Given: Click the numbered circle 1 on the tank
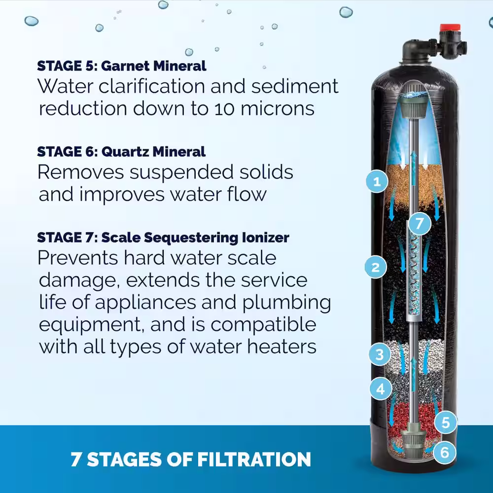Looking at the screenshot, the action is point(377,181).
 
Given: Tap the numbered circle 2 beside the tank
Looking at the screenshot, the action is point(376,267).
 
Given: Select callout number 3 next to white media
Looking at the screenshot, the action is point(380,354).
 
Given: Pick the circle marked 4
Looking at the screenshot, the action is point(381,388).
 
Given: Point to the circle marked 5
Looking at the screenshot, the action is point(446,423).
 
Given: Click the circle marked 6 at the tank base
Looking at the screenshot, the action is point(445,453).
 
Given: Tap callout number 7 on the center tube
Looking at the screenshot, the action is point(420,223).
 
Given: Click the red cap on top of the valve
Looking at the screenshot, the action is point(450,28).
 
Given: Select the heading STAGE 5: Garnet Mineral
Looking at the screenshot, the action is point(122,66).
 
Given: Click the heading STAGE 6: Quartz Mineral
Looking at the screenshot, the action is point(121,151).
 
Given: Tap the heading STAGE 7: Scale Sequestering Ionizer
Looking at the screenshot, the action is point(163,238).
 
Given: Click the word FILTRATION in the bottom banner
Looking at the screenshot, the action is point(254,459).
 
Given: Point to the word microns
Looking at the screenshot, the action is point(278,108).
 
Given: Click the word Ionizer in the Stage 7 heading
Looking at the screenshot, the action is point(265,238).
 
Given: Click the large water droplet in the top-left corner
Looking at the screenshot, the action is point(32,21).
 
